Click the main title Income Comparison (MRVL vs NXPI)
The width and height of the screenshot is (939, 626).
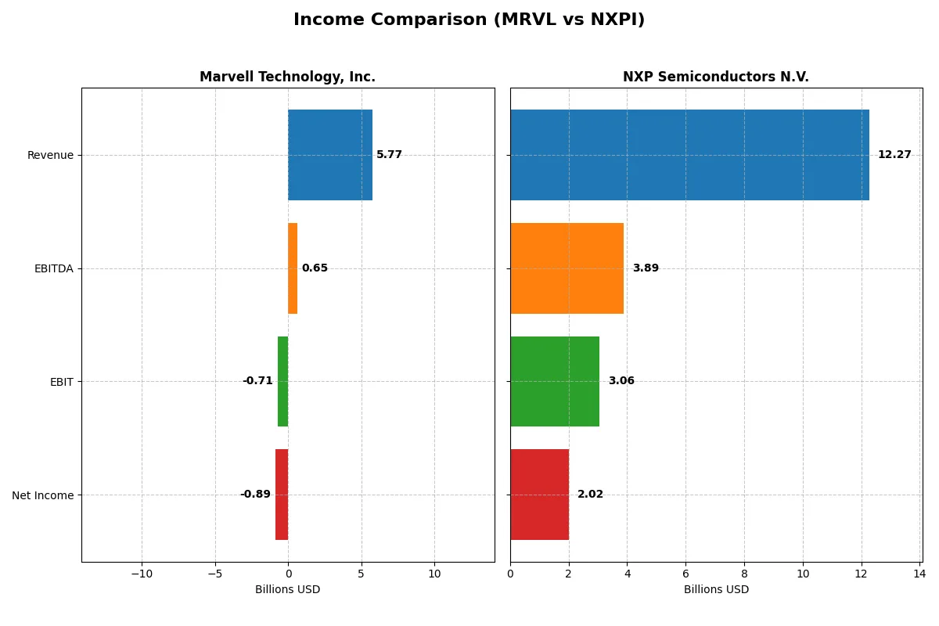(469, 20)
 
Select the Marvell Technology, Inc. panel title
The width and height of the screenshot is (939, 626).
(287, 77)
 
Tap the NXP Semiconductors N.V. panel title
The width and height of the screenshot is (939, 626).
(715, 77)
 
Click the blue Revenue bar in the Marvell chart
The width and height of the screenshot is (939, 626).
(329, 155)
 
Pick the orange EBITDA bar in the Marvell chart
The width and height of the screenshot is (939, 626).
(293, 268)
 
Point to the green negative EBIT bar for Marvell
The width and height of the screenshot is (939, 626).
(282, 381)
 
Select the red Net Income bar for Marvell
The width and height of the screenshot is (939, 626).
(282, 495)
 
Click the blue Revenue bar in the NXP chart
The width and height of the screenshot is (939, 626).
(689, 155)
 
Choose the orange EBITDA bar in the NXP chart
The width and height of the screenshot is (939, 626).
(567, 268)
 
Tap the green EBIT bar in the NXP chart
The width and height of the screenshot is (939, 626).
(555, 381)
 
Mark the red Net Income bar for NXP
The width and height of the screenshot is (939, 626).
(539, 495)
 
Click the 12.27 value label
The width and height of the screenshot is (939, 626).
(894, 155)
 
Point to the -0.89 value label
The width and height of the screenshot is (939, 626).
(255, 495)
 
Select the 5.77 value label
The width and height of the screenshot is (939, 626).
(389, 155)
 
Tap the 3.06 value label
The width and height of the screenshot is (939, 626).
(621, 381)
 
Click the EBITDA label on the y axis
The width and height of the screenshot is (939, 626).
(53, 268)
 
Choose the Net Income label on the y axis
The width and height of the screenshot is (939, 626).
(43, 495)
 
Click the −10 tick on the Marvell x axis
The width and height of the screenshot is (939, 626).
(141, 574)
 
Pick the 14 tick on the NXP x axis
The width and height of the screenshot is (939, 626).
(919, 574)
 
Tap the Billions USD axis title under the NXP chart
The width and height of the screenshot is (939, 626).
(715, 590)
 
